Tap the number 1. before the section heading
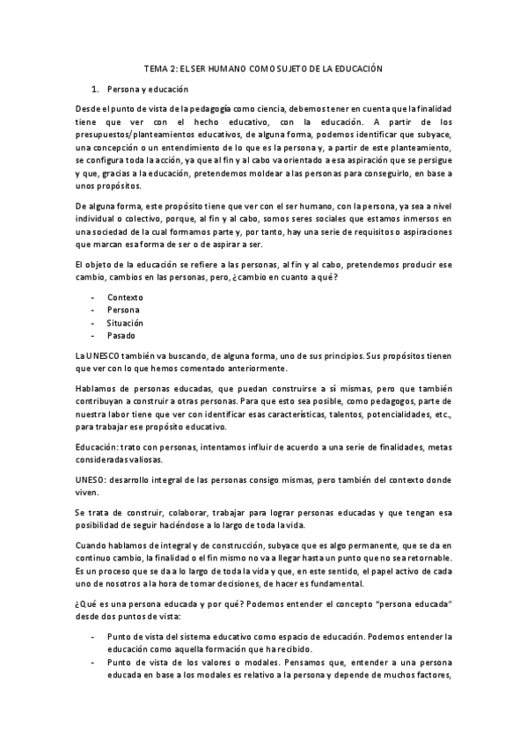tap(96, 89)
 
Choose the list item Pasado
tap(121, 336)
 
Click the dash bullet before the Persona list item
tap(93, 310)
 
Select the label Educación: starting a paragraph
tap(101, 448)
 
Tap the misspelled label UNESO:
tap(94, 480)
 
